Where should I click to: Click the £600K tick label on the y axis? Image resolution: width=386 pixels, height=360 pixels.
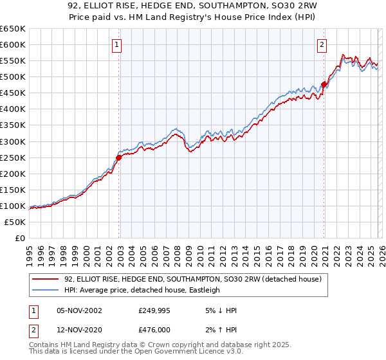point(13,44)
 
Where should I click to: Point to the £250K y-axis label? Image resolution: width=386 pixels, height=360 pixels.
point(13,157)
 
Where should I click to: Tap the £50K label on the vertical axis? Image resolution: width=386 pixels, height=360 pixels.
point(15,222)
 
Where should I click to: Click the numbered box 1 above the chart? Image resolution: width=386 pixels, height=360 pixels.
point(116,44)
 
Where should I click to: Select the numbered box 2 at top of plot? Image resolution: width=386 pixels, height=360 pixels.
point(321,44)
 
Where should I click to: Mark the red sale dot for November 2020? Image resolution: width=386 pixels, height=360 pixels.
point(324,84)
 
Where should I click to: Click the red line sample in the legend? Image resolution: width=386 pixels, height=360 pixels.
point(46,279)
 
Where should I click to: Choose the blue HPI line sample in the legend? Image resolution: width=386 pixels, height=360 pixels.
point(46,290)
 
